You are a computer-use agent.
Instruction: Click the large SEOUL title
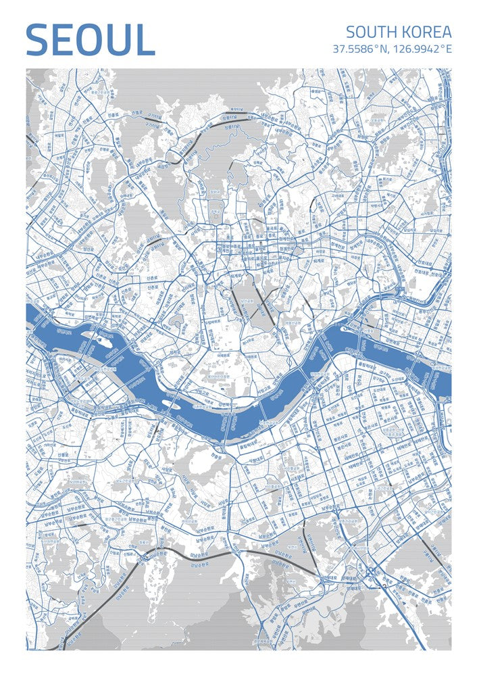pyautogui.click(x=91, y=41)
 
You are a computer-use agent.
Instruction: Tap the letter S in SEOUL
pyautogui.click(x=38, y=41)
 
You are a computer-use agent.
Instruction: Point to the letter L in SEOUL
pyautogui.click(x=145, y=41)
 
